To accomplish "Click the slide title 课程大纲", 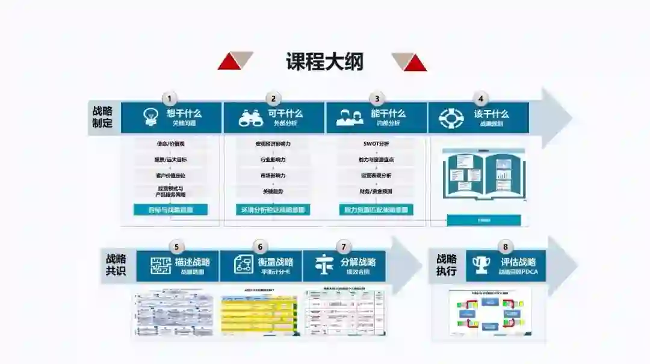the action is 324,62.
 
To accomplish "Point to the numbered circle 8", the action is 505,247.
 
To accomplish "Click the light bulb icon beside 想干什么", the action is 150,117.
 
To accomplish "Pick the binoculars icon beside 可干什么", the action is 250,118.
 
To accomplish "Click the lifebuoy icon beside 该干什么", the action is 451,118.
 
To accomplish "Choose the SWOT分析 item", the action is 376,144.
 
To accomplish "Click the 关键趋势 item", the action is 273,191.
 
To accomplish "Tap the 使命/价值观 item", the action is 170,144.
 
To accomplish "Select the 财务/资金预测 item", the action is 376,191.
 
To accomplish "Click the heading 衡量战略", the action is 275,262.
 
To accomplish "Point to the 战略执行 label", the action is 446,265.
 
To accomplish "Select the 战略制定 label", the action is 102,117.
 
